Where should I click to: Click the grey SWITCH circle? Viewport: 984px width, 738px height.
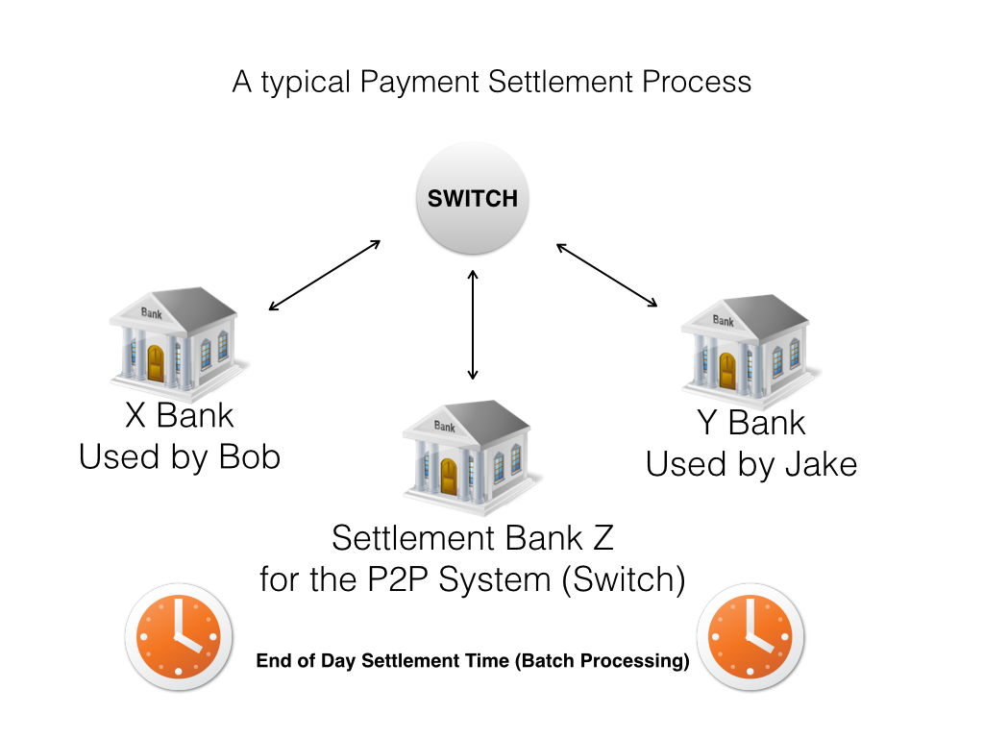pyautogui.click(x=472, y=199)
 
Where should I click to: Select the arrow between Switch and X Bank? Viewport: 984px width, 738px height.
pyautogui.click(x=325, y=275)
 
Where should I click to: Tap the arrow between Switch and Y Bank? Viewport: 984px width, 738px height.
pyautogui.click(x=606, y=275)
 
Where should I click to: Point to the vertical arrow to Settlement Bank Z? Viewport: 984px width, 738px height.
pyautogui.click(x=472, y=324)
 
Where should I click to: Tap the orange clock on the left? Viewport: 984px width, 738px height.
pyautogui.click(x=179, y=637)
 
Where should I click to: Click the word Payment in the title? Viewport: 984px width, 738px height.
pyautogui.click(x=420, y=82)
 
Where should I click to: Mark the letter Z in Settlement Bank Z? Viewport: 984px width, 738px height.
pyautogui.click(x=602, y=536)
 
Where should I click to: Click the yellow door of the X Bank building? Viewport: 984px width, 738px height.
pyautogui.click(x=156, y=363)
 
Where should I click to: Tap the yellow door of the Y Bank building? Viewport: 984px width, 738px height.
pyautogui.click(x=726, y=370)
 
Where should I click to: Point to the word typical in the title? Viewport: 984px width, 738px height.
pyautogui.click(x=305, y=82)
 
